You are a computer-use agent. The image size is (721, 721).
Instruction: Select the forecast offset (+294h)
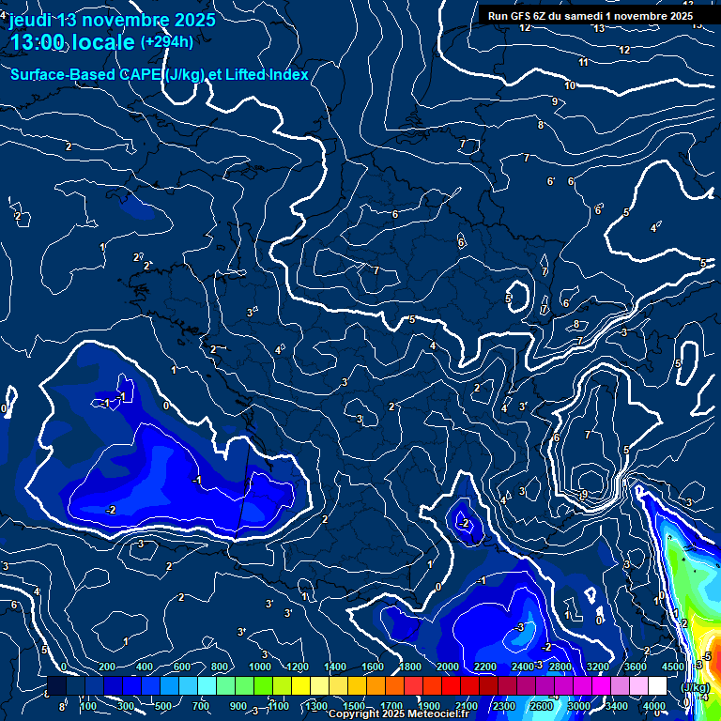click(x=167, y=41)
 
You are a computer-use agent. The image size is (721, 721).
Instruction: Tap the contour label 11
click(x=583, y=62)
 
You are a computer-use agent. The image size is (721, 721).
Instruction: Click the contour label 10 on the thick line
click(x=570, y=85)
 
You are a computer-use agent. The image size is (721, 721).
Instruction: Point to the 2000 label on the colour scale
click(x=447, y=667)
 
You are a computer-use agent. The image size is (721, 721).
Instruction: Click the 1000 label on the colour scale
click(x=259, y=667)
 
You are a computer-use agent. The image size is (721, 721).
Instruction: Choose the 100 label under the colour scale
click(x=88, y=706)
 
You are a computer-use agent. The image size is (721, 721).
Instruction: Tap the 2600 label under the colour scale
click(x=542, y=706)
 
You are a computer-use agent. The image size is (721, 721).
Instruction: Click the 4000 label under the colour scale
click(x=655, y=706)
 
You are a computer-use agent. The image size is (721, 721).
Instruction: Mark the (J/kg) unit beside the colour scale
click(x=695, y=687)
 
